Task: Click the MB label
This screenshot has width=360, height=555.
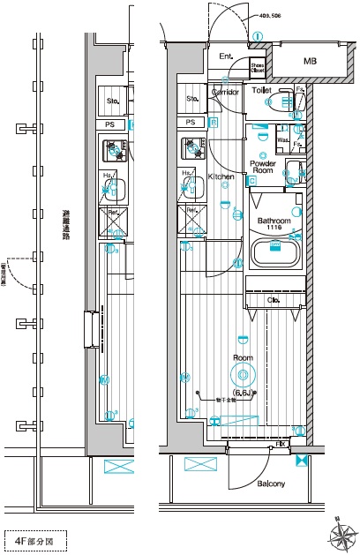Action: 310,61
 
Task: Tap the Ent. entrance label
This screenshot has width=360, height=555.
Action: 226,57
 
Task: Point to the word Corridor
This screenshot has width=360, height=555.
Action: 227,91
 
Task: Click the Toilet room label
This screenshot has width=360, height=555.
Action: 261,90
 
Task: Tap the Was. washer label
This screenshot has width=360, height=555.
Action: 283,139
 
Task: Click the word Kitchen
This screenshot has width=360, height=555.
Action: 221,177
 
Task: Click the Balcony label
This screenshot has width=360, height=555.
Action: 271,484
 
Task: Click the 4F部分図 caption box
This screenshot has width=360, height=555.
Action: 34,539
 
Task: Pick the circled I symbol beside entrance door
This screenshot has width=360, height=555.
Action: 257,37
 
